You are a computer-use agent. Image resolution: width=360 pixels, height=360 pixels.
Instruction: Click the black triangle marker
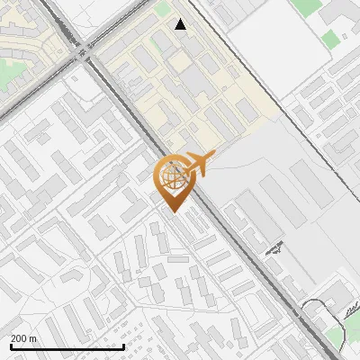(181, 24)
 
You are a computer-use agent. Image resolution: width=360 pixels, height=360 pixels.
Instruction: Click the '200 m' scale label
(24, 338)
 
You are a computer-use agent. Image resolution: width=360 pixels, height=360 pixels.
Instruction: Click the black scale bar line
(67, 346)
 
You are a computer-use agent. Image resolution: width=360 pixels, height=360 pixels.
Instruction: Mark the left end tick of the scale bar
(12, 345)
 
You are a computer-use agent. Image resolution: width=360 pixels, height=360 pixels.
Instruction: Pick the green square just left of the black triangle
(162, 8)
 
